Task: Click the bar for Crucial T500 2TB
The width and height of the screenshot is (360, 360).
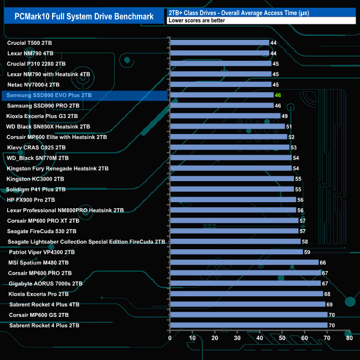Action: (x=219, y=43)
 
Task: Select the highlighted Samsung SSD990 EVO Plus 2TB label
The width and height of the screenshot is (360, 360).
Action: (x=49, y=95)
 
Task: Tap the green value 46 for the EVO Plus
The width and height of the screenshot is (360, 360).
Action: (x=278, y=95)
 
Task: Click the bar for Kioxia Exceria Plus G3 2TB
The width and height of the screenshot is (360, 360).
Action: (x=225, y=116)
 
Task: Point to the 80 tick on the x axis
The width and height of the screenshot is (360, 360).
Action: (x=349, y=337)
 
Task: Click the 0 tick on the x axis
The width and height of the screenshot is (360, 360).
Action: (x=170, y=337)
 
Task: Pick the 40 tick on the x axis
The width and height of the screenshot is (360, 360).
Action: (x=260, y=337)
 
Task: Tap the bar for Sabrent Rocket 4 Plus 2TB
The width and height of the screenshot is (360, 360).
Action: (x=249, y=325)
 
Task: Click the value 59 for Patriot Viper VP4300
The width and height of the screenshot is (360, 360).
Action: (x=307, y=252)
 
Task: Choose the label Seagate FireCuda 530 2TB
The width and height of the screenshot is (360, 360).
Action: (x=42, y=231)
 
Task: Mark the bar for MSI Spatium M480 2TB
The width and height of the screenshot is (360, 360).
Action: (x=244, y=263)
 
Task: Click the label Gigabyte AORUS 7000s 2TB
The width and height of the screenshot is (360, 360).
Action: (x=45, y=283)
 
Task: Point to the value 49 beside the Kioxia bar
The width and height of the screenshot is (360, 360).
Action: (x=285, y=116)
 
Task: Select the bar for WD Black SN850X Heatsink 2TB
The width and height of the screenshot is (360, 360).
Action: (x=227, y=127)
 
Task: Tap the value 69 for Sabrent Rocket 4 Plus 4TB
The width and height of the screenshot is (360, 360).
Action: (x=330, y=304)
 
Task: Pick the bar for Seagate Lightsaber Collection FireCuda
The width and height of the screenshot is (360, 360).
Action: (x=235, y=241)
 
